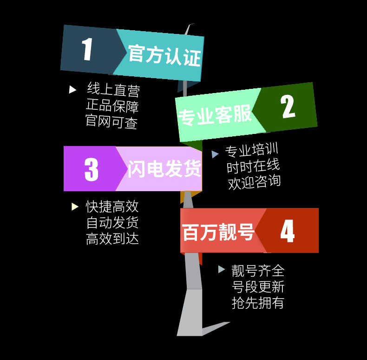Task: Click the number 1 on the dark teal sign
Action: (87, 49)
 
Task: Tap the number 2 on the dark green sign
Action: (288, 107)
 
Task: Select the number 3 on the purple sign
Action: (92, 169)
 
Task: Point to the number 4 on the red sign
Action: (287, 231)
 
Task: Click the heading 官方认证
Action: (164, 56)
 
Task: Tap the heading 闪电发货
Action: (164, 168)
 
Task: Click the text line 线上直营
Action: (113, 90)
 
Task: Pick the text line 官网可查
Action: (111, 122)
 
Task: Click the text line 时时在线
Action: (253, 166)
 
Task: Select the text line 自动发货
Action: (112, 223)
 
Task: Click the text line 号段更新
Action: (258, 287)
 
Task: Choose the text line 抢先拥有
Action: (258, 303)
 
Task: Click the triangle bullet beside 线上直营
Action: (72, 89)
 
